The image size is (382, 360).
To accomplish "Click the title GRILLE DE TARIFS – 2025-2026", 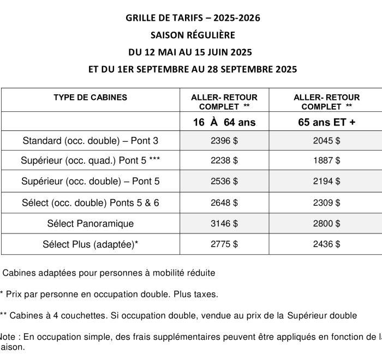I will point(193,18).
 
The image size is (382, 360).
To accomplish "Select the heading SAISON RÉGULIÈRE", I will point(193,35).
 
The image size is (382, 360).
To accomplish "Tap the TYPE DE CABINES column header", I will point(90,98).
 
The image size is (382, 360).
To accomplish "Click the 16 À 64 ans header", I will point(224,122).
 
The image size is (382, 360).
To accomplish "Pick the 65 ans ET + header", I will point(326,122).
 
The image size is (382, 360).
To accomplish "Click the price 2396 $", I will point(224,141).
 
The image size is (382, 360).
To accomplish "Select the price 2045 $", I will point(326,141).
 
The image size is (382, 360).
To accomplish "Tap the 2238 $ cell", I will point(224,161).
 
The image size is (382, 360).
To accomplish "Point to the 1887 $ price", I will point(326,161).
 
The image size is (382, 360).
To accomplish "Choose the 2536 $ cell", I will point(224,181).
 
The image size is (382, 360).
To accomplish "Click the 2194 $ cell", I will point(326,181).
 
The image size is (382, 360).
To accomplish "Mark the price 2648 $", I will point(224,202).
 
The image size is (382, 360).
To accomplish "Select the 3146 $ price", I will point(224,224).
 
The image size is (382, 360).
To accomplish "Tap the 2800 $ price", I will point(326,224).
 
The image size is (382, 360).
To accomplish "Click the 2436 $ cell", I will point(326,244).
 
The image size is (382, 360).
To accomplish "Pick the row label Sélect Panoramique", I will point(90,224).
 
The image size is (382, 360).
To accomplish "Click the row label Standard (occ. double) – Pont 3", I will point(90,141).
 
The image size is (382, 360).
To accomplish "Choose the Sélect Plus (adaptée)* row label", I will point(90,244).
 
